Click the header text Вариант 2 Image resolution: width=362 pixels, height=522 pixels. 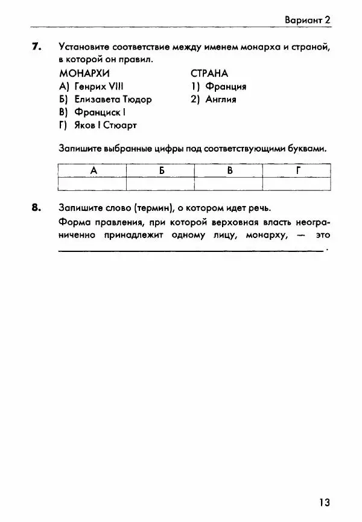click(308, 20)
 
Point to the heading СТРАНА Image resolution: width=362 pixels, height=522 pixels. click(209, 74)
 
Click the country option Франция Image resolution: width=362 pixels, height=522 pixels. click(218, 86)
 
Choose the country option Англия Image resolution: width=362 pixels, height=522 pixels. click(214, 99)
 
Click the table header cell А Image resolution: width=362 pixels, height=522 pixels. click(93, 170)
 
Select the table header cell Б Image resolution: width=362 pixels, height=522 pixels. click(161, 170)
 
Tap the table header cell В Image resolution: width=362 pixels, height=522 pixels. click(229, 170)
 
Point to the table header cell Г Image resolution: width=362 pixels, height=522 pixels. click(297, 170)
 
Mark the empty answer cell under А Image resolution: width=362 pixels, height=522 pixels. click(93, 183)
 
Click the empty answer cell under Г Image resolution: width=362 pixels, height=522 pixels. click(297, 183)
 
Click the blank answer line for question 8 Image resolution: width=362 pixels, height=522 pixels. click(190, 250)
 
